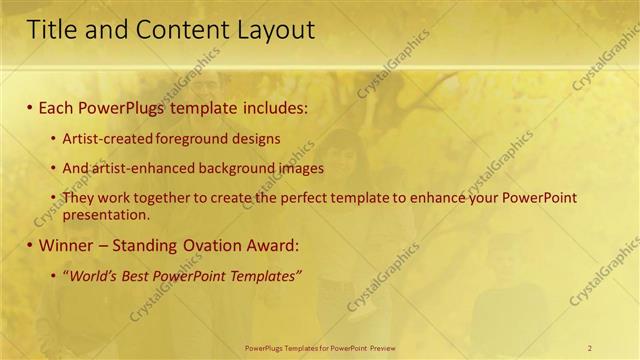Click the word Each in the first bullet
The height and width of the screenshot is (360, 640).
(x=57, y=105)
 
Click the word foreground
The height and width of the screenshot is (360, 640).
(x=197, y=139)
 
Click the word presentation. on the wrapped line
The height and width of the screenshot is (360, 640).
(x=106, y=213)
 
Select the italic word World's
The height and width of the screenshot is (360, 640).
(x=90, y=276)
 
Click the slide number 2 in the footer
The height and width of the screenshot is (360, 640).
(x=590, y=347)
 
